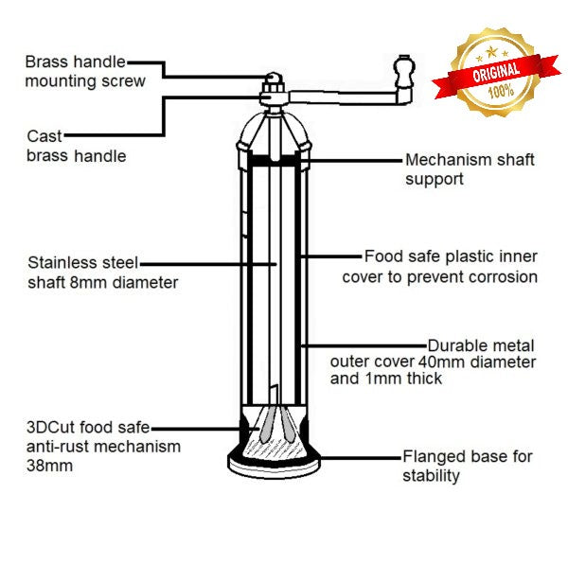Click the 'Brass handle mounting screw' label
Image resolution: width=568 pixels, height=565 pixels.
[x=85, y=71]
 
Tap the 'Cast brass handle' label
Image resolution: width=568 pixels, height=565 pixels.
[x=76, y=145]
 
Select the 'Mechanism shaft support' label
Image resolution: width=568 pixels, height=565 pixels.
[x=470, y=168]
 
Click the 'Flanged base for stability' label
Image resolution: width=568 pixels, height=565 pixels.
[x=467, y=466]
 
